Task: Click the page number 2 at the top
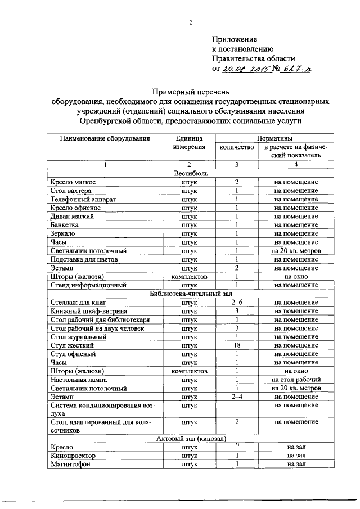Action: pyautogui.click(x=190, y=23)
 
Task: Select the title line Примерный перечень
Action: pyautogui.click(x=190, y=91)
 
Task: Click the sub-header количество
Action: pyautogui.click(x=237, y=147)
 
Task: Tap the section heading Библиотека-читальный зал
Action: pyautogui.click(x=190, y=294)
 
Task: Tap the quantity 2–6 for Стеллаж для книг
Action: pyautogui.click(x=237, y=303)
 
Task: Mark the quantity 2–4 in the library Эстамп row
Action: pyautogui.click(x=237, y=397)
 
